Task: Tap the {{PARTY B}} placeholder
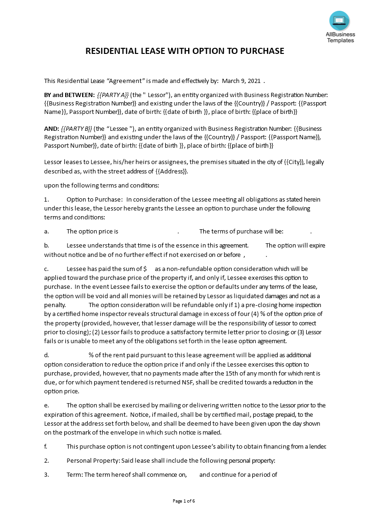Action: pos(76,128)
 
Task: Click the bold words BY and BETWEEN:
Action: pos(69,95)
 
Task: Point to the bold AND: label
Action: pos(51,128)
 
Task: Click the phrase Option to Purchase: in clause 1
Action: pos(95,200)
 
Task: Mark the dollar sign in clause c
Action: pos(145,269)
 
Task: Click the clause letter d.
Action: pos(46,355)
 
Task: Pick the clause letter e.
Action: pos(46,406)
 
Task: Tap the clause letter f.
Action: pos(46,447)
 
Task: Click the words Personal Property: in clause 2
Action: pos(92,461)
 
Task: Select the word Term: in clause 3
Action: pos(75,474)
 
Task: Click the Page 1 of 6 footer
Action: pos(184,501)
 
